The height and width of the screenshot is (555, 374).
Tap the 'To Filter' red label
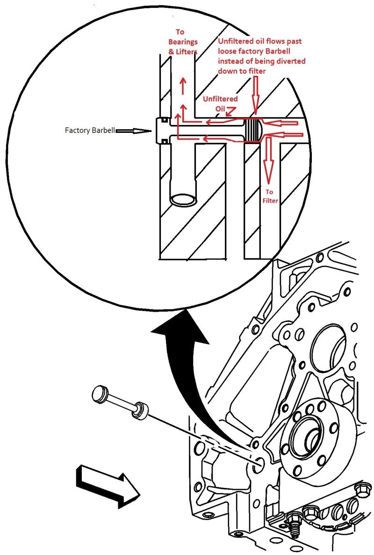pos(271,196)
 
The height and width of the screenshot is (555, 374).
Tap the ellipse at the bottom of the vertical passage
pos(184,198)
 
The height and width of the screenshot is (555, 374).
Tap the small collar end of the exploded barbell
pos(140,409)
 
